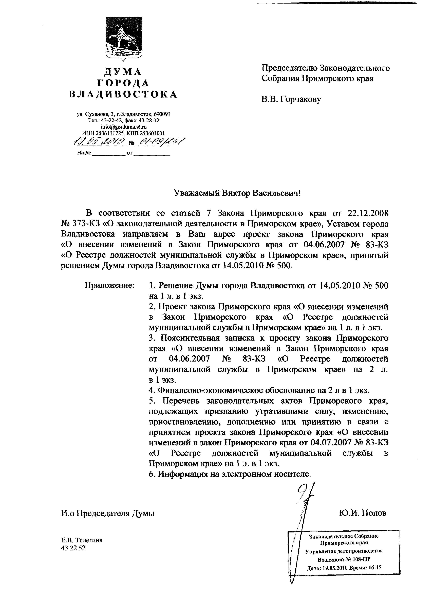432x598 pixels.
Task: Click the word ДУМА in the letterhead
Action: coord(123,72)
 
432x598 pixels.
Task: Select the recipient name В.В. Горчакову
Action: coord(291,99)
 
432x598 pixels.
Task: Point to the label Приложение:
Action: coord(110,285)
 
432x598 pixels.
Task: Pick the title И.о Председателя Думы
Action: coord(108,513)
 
